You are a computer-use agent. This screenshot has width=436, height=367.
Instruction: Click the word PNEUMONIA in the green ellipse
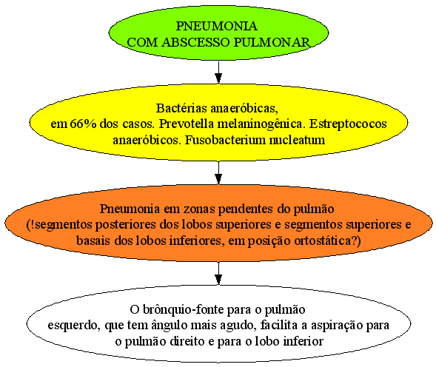[217, 26]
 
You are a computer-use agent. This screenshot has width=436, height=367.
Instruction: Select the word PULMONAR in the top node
[272, 42]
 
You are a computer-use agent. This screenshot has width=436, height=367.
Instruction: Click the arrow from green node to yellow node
[218, 72]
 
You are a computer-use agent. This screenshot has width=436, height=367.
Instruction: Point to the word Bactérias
[181, 108]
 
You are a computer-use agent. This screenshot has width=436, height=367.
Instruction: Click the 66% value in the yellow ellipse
[83, 124]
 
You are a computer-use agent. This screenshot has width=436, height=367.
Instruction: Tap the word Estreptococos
[348, 124]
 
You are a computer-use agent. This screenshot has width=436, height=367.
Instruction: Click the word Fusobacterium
[226, 140]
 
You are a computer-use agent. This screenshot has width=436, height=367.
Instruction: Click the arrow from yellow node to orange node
[218, 172]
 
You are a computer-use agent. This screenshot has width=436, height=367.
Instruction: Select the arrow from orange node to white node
[218, 273]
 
